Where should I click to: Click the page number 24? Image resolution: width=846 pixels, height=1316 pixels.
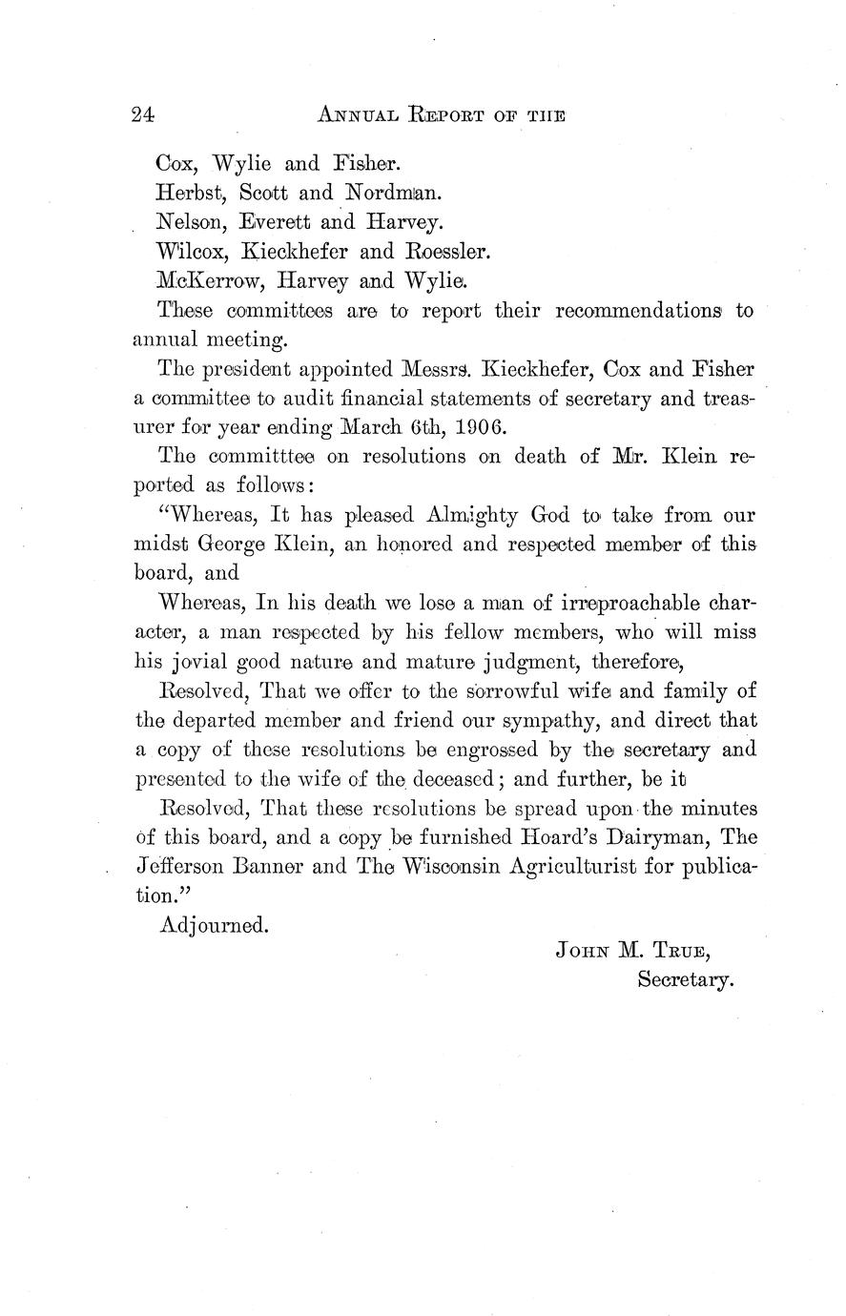pos(143,115)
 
